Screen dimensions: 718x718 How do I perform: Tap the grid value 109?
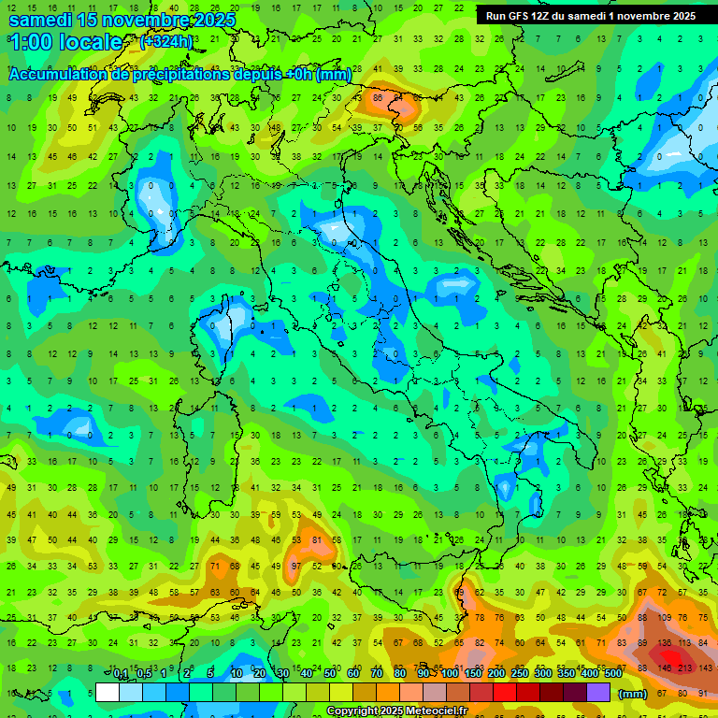tap(665, 618)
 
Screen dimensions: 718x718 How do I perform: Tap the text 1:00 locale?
tap(65, 42)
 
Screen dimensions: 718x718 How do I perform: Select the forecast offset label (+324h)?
tap(166, 42)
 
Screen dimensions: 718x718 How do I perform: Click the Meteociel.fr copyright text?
tap(396, 711)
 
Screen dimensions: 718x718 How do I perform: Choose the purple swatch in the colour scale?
tap(598, 693)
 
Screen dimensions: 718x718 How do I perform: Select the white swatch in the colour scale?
tap(108, 693)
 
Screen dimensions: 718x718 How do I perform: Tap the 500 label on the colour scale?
tap(612, 674)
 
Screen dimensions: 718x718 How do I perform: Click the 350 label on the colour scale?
tap(566, 674)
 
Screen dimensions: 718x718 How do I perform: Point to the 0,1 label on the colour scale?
tap(121, 674)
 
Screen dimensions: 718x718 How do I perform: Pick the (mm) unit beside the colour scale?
tap(633, 694)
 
